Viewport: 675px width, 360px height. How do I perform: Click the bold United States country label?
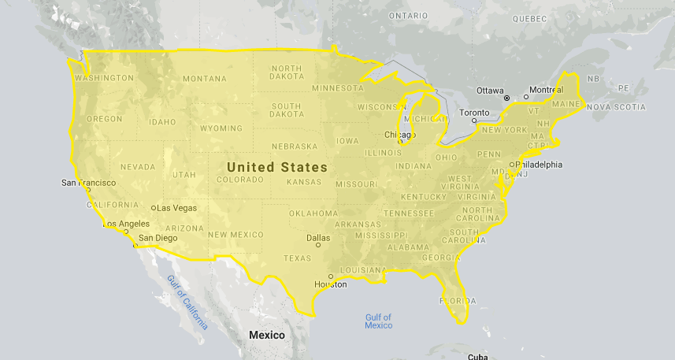pyautogui.click(x=276, y=167)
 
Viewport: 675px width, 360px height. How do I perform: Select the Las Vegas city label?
pyautogui.click(x=176, y=208)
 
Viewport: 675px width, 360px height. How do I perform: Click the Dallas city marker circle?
pyautogui.click(x=318, y=244)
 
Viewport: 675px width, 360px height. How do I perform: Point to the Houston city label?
pyautogui.click(x=330, y=284)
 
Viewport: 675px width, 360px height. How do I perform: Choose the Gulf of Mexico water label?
pyautogui.click(x=378, y=321)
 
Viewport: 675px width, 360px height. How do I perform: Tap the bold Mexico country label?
pyautogui.click(x=266, y=335)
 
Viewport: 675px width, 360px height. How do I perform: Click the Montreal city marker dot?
pyautogui.click(x=529, y=97)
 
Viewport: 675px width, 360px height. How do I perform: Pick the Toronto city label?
pyautogui.click(x=474, y=113)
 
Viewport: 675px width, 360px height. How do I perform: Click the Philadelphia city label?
pyautogui.click(x=540, y=165)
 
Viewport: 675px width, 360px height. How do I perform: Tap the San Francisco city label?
pyautogui.click(x=88, y=183)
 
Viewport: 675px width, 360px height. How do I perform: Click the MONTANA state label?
pyautogui.click(x=204, y=79)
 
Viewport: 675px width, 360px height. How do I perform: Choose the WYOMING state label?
pyautogui.click(x=221, y=128)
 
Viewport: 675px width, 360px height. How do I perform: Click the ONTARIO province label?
pyautogui.click(x=407, y=15)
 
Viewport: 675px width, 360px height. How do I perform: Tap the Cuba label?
pyautogui.click(x=477, y=356)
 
